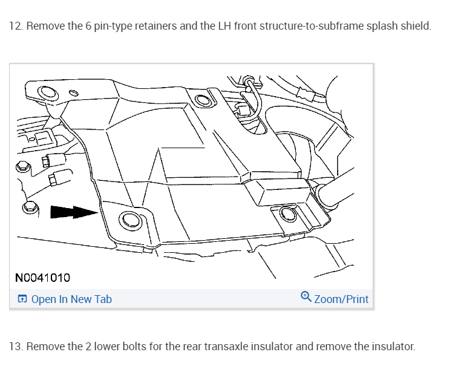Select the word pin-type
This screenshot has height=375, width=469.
point(122,27)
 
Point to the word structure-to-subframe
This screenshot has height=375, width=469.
point(306,27)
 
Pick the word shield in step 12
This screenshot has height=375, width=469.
point(418,27)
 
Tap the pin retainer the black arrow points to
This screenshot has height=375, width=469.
point(130,220)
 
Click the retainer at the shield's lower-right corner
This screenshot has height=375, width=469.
point(287,214)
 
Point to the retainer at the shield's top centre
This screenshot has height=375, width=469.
point(198,100)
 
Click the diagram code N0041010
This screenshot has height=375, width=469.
point(42,278)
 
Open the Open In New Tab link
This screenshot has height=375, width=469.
point(71,299)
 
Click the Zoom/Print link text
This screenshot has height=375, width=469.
point(341,299)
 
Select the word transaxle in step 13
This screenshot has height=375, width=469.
point(225,347)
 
